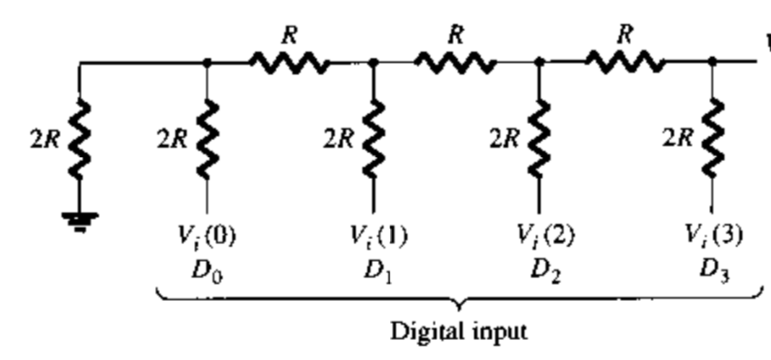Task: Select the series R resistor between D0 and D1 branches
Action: click(x=289, y=63)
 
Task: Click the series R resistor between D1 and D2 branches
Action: click(x=455, y=63)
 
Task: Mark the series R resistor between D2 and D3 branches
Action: click(x=624, y=63)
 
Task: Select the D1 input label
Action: click(x=371, y=265)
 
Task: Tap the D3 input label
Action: click(x=710, y=265)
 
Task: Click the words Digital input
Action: click(x=461, y=334)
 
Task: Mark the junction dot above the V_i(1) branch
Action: click(x=373, y=64)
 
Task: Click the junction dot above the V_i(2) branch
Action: click(x=539, y=64)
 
